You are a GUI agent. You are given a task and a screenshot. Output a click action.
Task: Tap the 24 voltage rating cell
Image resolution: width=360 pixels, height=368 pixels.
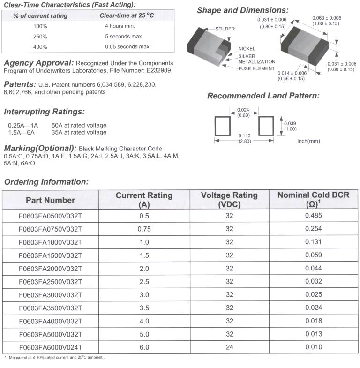229,347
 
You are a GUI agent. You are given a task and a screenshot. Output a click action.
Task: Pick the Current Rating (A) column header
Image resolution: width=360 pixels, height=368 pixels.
144,200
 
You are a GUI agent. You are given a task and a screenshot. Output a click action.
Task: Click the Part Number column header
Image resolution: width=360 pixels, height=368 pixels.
50,200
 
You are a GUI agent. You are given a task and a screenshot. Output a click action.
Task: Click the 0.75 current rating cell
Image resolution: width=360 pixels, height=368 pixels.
144,229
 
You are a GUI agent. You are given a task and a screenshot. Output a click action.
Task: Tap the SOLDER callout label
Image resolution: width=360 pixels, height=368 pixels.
225,29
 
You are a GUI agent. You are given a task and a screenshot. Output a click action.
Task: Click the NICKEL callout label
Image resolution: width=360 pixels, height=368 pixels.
247,49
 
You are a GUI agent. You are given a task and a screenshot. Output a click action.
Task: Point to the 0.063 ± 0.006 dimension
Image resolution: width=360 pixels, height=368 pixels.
327,18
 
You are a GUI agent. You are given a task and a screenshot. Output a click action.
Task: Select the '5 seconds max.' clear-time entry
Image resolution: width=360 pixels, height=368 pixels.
124,36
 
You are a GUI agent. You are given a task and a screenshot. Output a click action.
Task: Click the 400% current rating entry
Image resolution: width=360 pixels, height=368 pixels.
40,46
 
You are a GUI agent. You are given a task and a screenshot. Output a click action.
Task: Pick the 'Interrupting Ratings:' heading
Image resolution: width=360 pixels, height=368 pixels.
44,112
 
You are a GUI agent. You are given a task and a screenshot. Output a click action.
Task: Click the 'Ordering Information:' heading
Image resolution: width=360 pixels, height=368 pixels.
46,181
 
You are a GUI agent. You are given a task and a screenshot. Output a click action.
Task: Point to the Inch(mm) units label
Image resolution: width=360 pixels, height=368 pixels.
308,140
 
